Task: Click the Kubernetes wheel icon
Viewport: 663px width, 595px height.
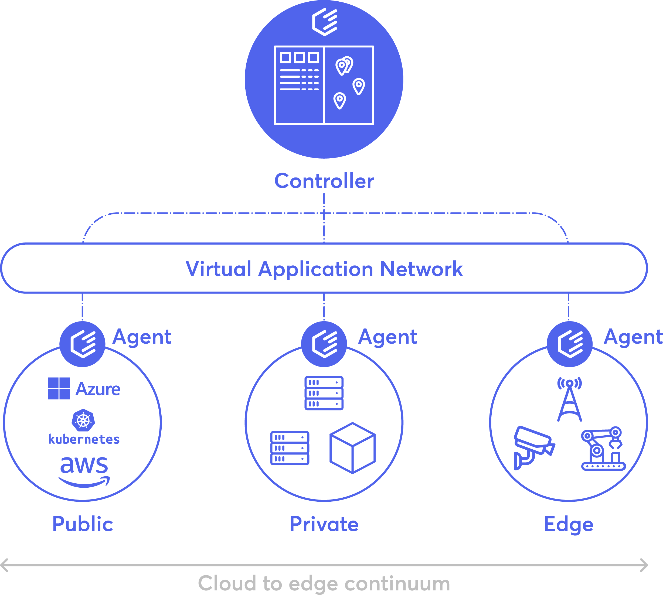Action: point(83,420)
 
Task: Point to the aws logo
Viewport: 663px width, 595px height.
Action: point(84,472)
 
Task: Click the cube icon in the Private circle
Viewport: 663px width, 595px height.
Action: point(353,448)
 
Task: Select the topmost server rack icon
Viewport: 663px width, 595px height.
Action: point(324,393)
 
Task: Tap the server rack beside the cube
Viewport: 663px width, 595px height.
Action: point(290,448)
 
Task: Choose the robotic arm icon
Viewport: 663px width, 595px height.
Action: point(603,448)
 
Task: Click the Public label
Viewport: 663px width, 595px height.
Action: point(83,524)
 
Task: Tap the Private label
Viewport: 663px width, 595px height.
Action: point(324,524)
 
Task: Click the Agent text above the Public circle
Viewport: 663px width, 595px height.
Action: point(142,337)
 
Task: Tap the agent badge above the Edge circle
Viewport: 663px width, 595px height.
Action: point(569,344)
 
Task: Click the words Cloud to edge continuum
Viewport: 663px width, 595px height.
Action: point(324,583)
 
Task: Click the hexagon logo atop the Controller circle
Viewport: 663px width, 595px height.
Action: point(324,22)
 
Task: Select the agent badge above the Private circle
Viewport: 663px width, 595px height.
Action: point(324,344)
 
